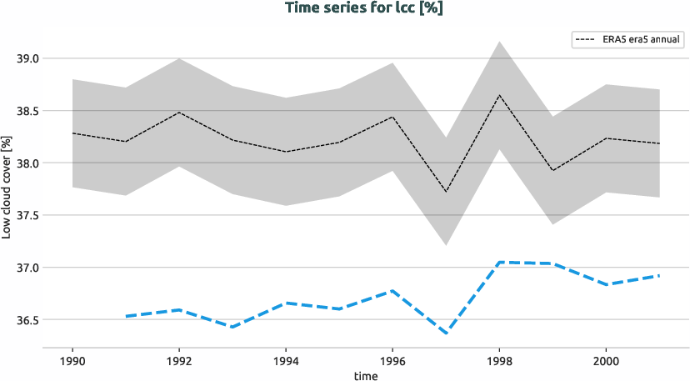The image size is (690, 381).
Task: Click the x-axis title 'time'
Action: [x=366, y=375]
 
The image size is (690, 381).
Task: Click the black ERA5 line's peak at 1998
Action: [x=499, y=95]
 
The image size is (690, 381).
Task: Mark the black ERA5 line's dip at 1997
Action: [x=446, y=192]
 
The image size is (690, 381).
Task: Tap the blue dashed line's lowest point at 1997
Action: [x=446, y=333]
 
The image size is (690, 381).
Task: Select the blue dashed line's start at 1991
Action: [x=126, y=317]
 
